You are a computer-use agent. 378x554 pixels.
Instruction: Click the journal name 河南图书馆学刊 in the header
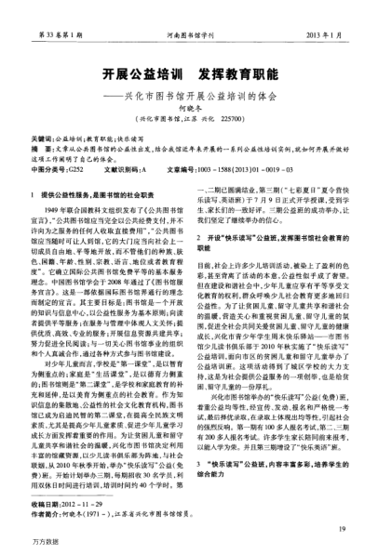point(185,8)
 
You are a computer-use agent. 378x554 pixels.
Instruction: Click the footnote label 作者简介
point(42,510)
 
